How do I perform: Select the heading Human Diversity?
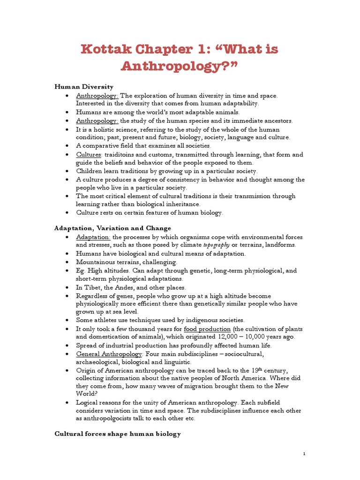tap(84, 87)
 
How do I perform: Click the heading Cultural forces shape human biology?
tap(118, 434)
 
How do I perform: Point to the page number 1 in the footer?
tap(304, 454)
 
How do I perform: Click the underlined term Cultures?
tap(89, 154)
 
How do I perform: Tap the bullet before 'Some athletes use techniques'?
tap(68, 320)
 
